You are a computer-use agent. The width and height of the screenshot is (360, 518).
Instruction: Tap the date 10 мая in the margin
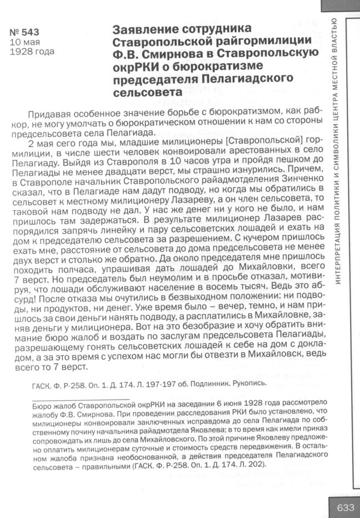point(25,43)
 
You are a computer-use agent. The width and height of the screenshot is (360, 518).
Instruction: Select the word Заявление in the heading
point(143,29)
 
